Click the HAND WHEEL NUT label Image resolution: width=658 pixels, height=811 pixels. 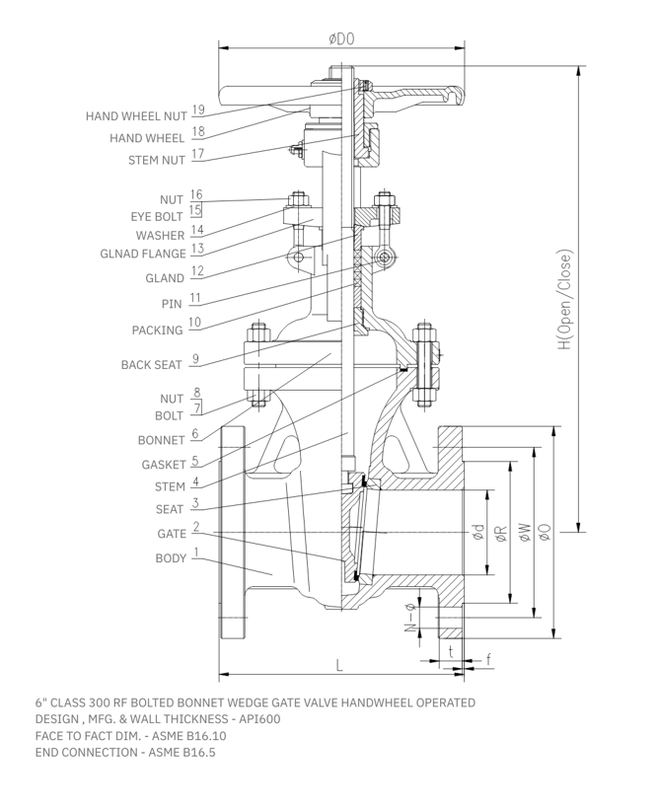(x=136, y=116)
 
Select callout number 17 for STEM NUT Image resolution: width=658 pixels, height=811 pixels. (x=197, y=155)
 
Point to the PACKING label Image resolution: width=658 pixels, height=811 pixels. (x=157, y=330)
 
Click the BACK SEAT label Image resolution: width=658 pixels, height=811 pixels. (x=151, y=365)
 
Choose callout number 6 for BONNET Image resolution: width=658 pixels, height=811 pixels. (x=195, y=433)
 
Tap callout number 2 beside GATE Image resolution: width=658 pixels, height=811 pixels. (x=196, y=528)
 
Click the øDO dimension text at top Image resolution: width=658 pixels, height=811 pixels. (x=342, y=38)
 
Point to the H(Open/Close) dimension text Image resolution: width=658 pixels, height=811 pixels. (x=563, y=300)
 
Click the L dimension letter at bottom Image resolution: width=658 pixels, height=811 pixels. (x=340, y=665)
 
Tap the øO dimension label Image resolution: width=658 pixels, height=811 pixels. (x=545, y=534)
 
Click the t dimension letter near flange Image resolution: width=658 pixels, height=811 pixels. (x=451, y=651)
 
